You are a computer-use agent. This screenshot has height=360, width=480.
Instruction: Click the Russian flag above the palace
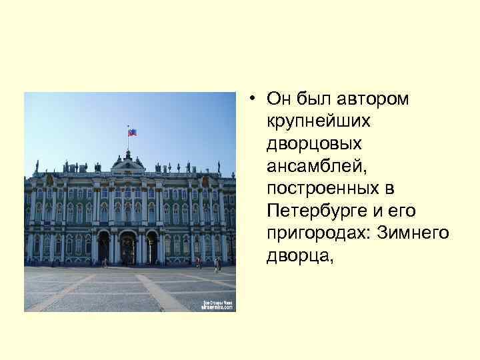pyautogui.click(x=132, y=131)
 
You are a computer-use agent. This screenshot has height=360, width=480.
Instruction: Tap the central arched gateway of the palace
pyautogui.click(x=127, y=247)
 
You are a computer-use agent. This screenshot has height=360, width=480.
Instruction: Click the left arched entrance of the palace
pyautogui.click(x=104, y=247)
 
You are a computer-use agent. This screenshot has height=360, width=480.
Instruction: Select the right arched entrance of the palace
pyautogui.click(x=151, y=247)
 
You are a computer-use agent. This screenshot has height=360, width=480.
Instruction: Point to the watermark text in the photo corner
pyautogui.click(x=218, y=305)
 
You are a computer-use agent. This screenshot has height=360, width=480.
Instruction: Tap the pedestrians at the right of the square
pyautogui.click(x=216, y=265)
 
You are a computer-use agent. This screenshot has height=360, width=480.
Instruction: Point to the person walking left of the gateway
pyautogui.click(x=105, y=263)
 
